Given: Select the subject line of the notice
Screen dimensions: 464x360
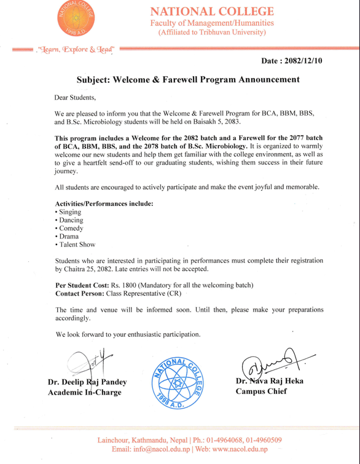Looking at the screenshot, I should (187, 80).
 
